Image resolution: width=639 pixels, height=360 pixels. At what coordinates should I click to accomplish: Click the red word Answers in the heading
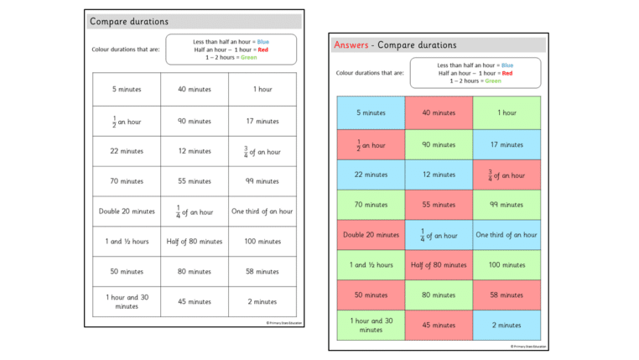coord(353,45)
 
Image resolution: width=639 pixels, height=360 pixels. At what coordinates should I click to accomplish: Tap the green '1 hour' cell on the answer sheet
coord(507,112)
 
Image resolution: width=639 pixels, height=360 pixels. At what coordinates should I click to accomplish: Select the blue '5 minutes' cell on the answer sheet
coord(371,112)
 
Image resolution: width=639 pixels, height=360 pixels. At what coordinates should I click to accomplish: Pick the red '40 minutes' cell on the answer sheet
coord(439,112)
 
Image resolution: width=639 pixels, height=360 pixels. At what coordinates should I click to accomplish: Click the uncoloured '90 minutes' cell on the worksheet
coord(195,121)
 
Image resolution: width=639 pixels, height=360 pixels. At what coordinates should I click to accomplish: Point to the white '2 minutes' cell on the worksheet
coord(262,301)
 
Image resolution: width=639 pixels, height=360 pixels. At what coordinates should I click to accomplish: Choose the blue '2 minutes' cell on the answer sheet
coord(507,325)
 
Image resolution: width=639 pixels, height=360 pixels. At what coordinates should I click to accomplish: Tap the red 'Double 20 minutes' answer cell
coord(371,235)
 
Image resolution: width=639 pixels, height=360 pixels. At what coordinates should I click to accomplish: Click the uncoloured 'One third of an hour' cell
coord(262,211)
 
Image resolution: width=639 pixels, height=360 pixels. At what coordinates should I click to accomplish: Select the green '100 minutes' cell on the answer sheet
coord(507,265)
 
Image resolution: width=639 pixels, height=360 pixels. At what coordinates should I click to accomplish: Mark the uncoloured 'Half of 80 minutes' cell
coord(195,242)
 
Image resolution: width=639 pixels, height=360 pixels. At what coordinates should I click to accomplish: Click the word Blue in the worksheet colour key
coord(262,41)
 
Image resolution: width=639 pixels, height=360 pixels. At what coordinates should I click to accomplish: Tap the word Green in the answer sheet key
coord(493,81)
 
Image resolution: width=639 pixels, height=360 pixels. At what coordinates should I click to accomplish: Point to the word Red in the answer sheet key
coord(507,73)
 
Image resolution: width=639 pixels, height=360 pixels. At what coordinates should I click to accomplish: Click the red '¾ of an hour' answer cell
coord(507,175)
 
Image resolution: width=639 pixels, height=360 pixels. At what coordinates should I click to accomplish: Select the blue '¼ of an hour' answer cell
coord(439,235)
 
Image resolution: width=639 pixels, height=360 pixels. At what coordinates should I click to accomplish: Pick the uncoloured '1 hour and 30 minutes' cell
coord(127,301)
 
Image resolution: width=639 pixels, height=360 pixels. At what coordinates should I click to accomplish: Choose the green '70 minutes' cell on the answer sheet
coord(371,205)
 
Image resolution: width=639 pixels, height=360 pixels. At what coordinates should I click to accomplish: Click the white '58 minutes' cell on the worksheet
coord(262,272)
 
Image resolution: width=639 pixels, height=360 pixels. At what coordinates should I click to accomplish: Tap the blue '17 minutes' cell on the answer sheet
coord(507,144)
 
